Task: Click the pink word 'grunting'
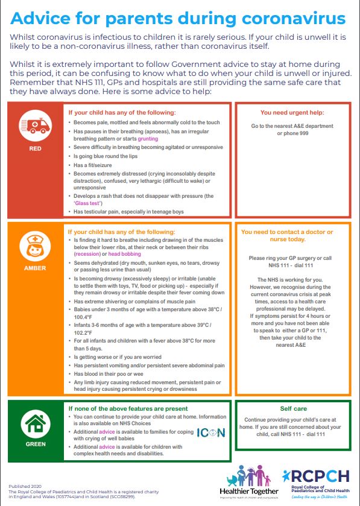(x=149, y=138)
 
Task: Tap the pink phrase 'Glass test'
(x=89, y=203)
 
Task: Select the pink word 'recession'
(x=87, y=255)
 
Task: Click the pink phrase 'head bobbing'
(x=125, y=255)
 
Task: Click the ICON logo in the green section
(x=211, y=433)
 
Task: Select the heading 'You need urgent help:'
(x=292, y=112)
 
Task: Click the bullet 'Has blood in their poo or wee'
(x=113, y=374)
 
